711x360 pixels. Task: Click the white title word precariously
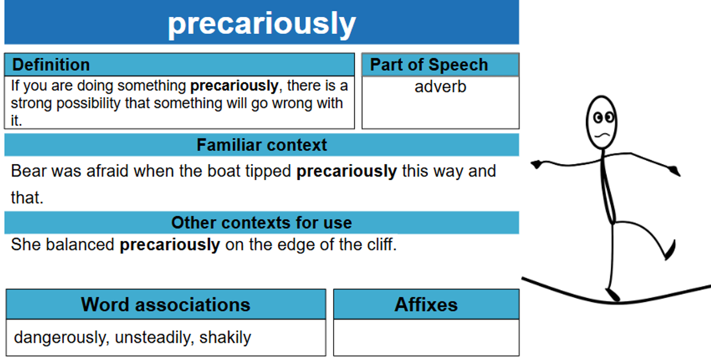pyautogui.click(x=262, y=24)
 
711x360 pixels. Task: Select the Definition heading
pyautogui.click(x=51, y=65)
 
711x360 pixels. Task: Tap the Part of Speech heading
pyautogui.click(x=429, y=65)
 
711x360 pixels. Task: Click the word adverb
pyautogui.click(x=440, y=86)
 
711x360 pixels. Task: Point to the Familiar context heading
pyautogui.click(x=261, y=145)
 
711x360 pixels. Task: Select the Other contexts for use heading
pyautogui.click(x=261, y=223)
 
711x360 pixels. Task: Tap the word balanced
pyautogui.click(x=79, y=245)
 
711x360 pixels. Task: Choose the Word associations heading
pyautogui.click(x=166, y=304)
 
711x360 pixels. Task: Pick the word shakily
pyautogui.click(x=225, y=337)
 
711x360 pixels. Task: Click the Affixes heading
pyautogui.click(x=426, y=304)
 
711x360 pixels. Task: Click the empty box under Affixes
pyautogui.click(x=426, y=337)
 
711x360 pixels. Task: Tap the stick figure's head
pyautogui.click(x=601, y=123)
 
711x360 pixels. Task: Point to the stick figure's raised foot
pyautogui.click(x=670, y=250)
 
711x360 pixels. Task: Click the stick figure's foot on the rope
pyautogui.click(x=613, y=295)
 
